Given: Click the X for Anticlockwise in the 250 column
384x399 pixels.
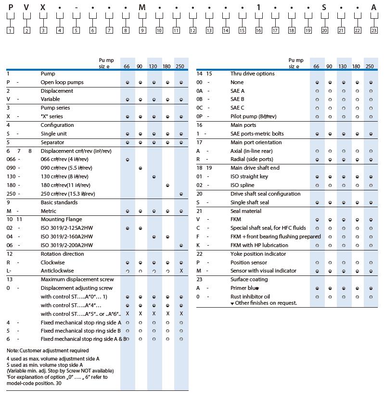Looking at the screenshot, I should pyautogui.click(x=181, y=271).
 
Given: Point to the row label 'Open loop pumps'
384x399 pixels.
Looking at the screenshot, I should pyautogui.click(x=62, y=82).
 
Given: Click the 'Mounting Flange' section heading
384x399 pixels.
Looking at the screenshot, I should pyautogui.click(x=59, y=219).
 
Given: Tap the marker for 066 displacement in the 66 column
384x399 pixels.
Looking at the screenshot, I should pyautogui.click(x=127, y=160).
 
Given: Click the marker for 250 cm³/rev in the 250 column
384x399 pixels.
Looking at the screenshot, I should pyautogui.click(x=181, y=194).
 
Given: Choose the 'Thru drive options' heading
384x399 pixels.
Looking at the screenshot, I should pyautogui.click(x=252, y=74).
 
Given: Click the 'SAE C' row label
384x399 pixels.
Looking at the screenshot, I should pyautogui.click(x=238, y=108).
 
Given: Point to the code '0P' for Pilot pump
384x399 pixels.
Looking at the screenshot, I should pyautogui.click(x=200, y=116).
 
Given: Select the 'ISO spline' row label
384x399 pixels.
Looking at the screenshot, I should pyautogui.click(x=242, y=185).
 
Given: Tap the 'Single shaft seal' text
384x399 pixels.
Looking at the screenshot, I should pyautogui.click(x=250, y=202).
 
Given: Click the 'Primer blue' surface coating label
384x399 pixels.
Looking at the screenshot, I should pyautogui.click(x=245, y=288).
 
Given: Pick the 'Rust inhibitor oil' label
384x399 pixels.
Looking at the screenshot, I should pyautogui.click(x=250, y=297).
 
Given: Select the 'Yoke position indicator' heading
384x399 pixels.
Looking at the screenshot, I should pyautogui.click(x=258, y=254).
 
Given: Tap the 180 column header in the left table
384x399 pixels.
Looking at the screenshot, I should pyautogui.click(x=166, y=66).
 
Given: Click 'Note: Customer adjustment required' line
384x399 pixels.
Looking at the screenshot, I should pyautogui.click(x=48, y=350).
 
